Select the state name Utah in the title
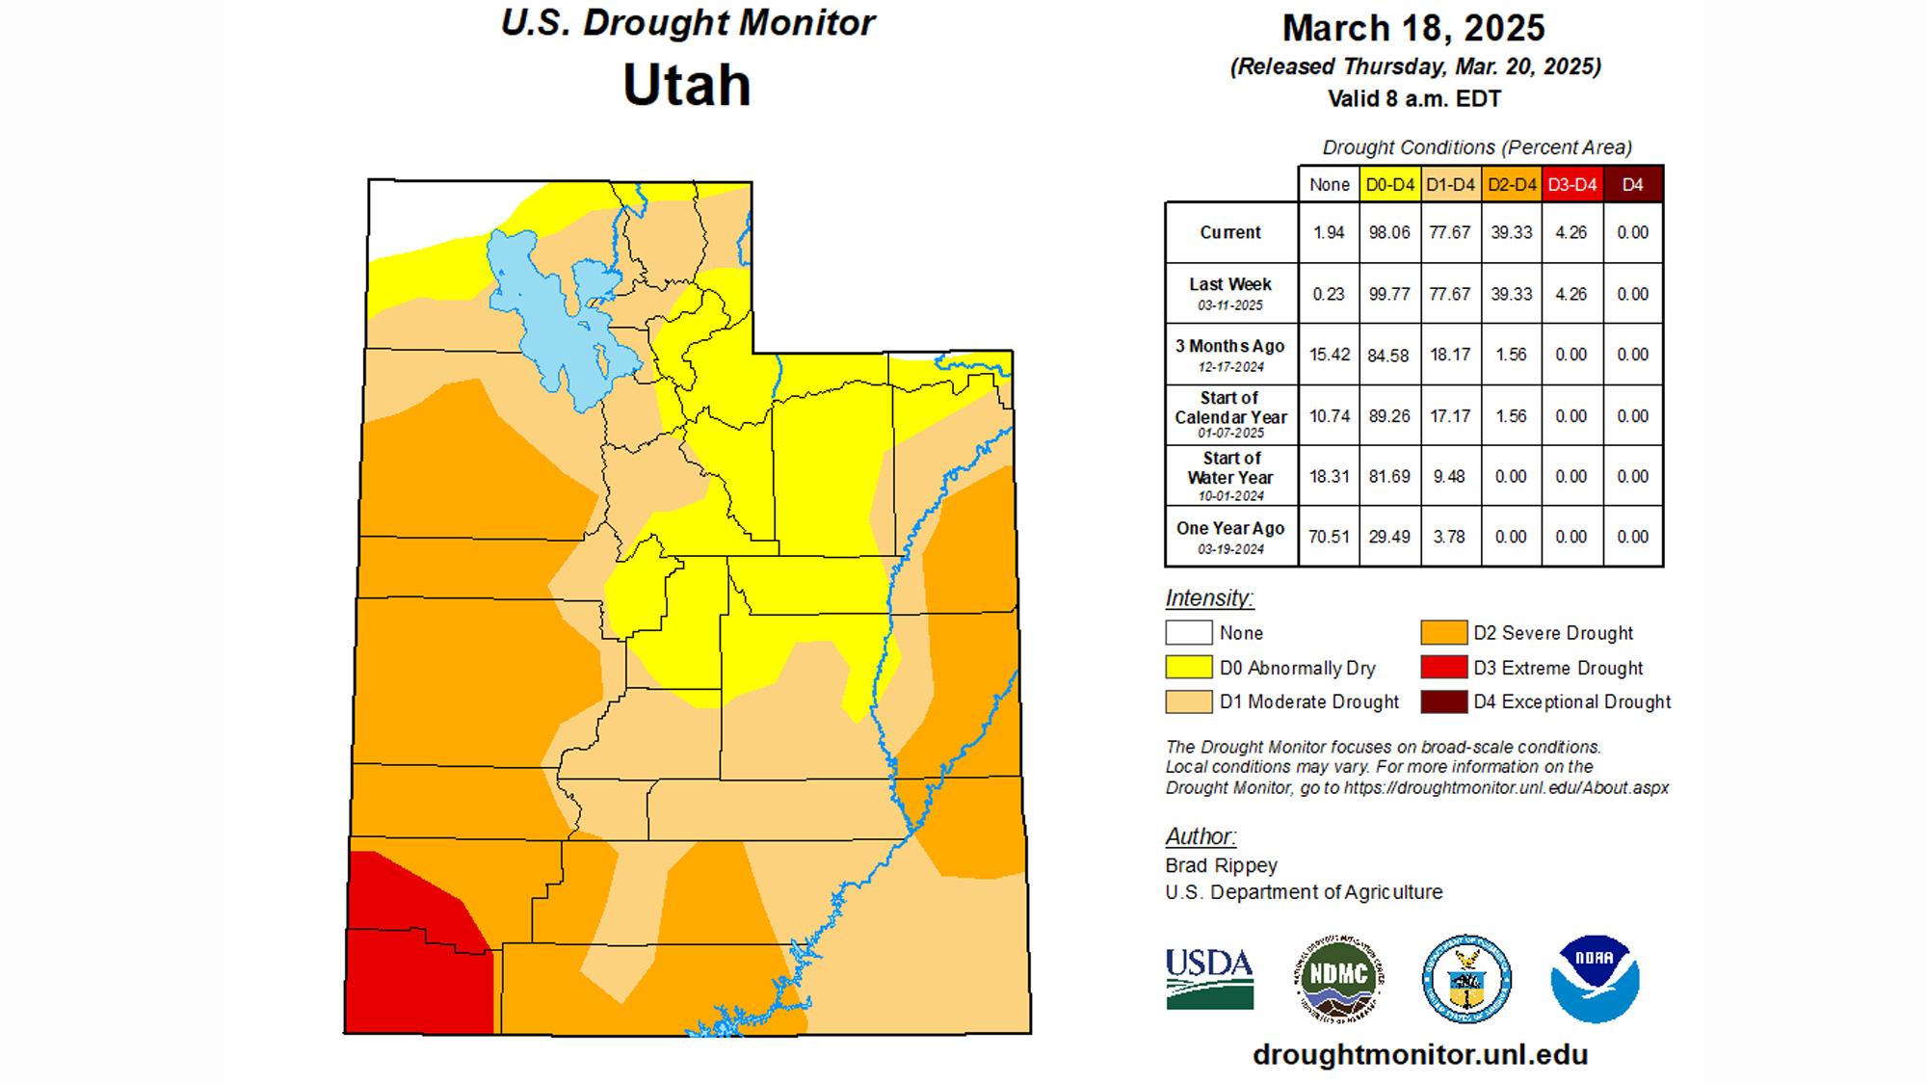tap(686, 85)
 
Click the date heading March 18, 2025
tap(1413, 28)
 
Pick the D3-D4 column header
tap(1571, 184)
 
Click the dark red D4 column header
tap(1632, 184)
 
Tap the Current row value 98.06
tap(1388, 232)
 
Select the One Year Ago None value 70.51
tap(1329, 537)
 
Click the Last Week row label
tap(1230, 285)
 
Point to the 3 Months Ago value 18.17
tap(1449, 355)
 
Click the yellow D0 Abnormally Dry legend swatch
tap(1188, 668)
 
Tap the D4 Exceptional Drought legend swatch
tap(1443, 701)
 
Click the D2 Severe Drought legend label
tap(1552, 633)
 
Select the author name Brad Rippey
tap(1221, 865)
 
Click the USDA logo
tap(1209, 978)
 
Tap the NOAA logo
tap(1595, 978)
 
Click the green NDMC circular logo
tap(1337, 978)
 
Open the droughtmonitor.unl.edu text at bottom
tap(1419, 1055)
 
